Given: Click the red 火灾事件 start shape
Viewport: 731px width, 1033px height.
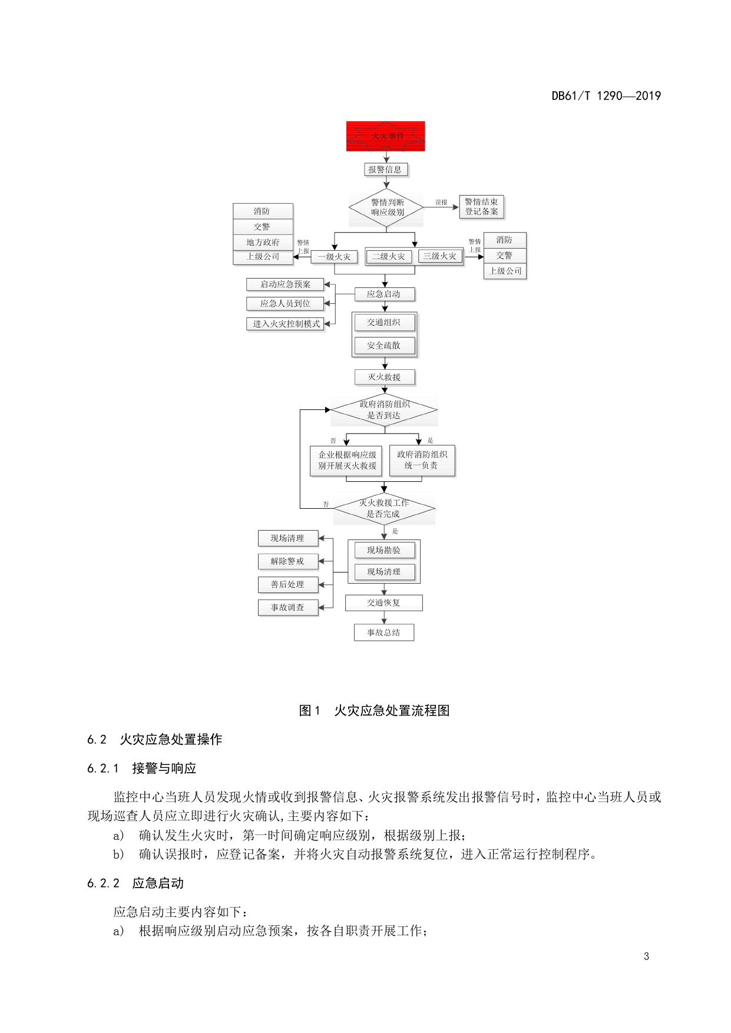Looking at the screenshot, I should tap(385, 136).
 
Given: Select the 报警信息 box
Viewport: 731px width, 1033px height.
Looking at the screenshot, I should tap(385, 170).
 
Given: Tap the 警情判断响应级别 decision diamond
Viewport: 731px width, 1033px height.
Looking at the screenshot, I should tap(386, 207).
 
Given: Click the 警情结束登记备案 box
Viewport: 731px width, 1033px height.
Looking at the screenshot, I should tap(481, 207).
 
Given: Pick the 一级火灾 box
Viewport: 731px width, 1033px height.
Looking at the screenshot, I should tap(335, 257).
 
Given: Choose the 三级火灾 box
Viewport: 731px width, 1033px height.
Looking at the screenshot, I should tap(439, 256).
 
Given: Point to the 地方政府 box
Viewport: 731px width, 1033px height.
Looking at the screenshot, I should tap(263, 242).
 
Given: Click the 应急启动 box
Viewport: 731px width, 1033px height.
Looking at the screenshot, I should tap(384, 294).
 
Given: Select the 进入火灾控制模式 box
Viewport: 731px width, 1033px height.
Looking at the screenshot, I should tap(286, 324).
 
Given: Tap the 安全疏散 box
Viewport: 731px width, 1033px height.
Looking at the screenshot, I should tap(384, 346).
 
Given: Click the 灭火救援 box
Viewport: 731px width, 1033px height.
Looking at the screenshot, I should tap(384, 377).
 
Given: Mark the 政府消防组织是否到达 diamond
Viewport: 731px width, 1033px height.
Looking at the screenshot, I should tap(384, 410).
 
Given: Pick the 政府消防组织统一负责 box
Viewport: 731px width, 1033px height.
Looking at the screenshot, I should tap(422, 460).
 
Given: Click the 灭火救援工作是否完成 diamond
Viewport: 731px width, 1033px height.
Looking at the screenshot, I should tap(384, 508).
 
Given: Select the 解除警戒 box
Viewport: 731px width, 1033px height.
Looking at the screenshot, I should tap(287, 561).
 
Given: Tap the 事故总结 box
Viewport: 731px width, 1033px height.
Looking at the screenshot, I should tap(383, 633).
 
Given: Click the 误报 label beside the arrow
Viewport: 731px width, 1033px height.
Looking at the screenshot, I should tap(441, 203).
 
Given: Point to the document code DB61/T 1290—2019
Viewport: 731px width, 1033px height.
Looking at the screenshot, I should tap(606, 96).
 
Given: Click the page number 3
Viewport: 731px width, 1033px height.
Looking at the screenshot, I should tap(646, 956).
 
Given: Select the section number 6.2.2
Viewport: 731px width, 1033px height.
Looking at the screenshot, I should tap(103, 883).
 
